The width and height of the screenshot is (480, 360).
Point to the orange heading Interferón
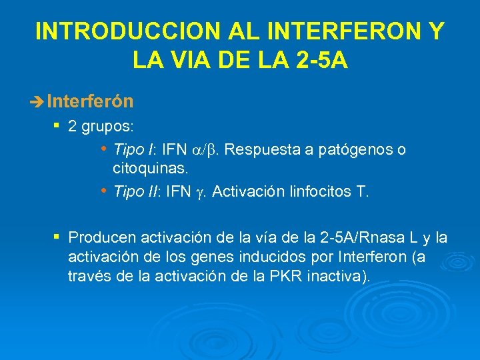point(91,101)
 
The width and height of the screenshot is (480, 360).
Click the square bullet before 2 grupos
point(57,125)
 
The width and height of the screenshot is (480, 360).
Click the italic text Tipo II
point(135,192)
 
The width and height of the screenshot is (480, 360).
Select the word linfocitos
point(321,192)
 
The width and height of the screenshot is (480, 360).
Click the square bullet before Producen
point(57,237)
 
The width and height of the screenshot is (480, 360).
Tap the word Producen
point(99,238)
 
